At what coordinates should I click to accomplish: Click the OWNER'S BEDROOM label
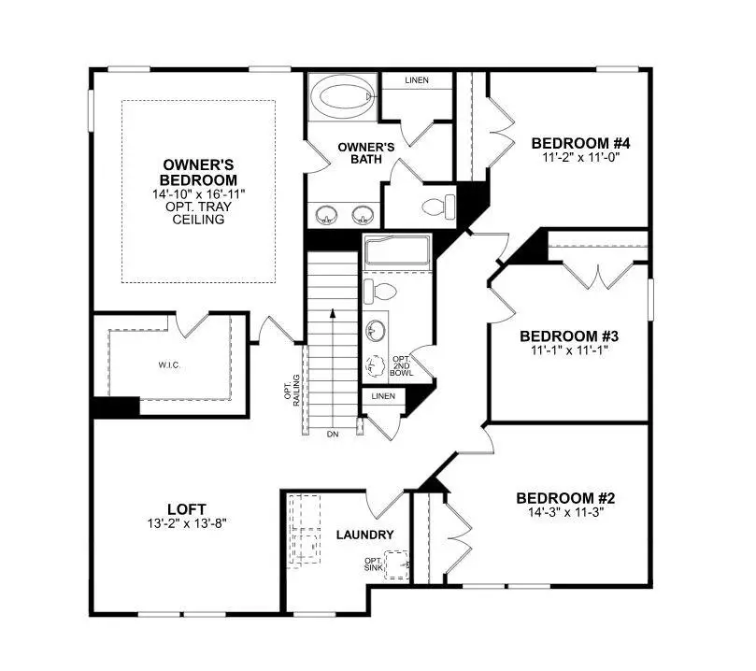pos(198,173)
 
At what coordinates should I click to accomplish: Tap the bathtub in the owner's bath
pos(342,95)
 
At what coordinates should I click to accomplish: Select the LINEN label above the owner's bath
pos(417,80)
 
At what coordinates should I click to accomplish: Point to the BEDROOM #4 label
pos(581,144)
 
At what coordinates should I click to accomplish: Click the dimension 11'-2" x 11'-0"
pos(581,157)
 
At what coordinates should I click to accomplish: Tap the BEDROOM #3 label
pos(569,336)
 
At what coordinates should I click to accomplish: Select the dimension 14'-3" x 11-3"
pos(566,512)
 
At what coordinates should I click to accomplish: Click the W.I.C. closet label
pos(169,364)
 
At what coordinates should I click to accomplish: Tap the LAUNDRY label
pos(364,535)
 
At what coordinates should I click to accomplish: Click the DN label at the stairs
pos(332,435)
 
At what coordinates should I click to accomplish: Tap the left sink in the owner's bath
pos(326,214)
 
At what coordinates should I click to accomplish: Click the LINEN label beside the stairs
pos(383,396)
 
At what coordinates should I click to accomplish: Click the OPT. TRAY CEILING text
pos(198,214)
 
